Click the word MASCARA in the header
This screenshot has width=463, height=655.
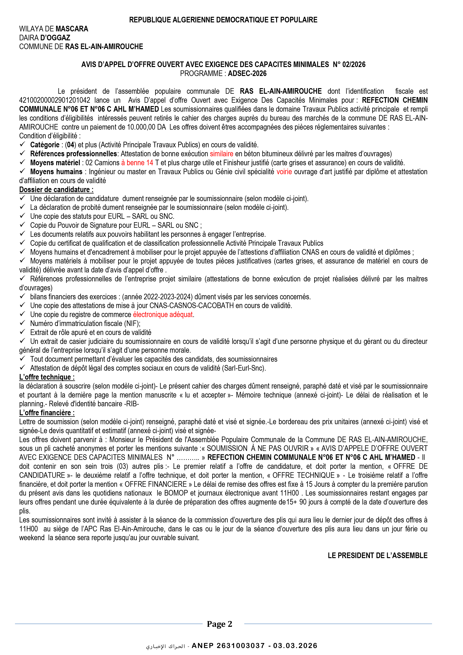point(72,29)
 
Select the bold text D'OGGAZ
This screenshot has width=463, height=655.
point(55,38)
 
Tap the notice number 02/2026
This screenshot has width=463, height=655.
point(354,64)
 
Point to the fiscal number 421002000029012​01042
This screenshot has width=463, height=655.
point(55,100)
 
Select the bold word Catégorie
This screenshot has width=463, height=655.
point(45,145)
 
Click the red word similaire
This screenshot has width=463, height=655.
point(222,154)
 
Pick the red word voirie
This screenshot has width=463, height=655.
point(284,172)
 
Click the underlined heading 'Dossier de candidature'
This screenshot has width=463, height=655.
point(56,190)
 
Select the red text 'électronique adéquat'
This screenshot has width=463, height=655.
point(163,315)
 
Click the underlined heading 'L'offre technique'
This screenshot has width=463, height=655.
point(47,377)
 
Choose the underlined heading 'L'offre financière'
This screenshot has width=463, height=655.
point(47,413)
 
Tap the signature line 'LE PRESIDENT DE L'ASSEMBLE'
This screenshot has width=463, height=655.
point(377,555)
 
